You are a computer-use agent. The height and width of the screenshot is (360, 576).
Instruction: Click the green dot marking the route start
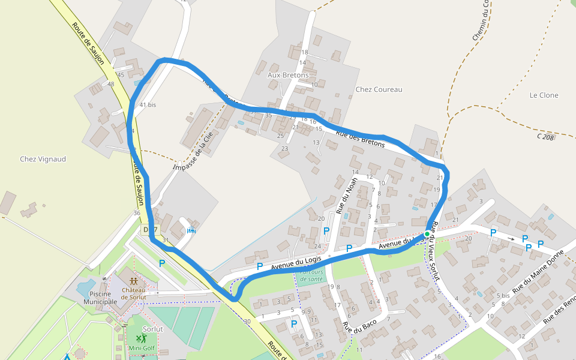tap(427, 233)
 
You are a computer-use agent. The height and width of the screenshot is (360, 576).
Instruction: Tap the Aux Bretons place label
tap(288, 76)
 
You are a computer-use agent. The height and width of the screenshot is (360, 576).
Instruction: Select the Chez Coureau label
tap(379, 89)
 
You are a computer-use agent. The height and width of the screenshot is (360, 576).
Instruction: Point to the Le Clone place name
tap(544, 95)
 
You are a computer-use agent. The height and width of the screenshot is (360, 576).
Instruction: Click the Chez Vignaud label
tap(43, 160)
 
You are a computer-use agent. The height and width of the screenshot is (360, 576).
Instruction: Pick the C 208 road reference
tap(545, 137)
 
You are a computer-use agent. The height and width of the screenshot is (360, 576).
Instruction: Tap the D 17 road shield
tap(150, 230)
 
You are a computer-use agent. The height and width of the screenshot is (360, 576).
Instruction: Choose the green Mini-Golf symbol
tap(142, 339)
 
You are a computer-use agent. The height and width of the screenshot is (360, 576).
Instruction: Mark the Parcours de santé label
tap(310, 275)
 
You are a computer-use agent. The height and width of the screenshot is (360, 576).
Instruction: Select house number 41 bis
tap(148, 105)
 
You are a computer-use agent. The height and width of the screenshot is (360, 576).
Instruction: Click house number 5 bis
tap(503, 296)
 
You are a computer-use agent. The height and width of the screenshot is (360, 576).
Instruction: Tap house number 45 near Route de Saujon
tap(121, 75)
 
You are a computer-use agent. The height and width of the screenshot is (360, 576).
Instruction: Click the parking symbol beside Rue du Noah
tap(326, 230)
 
